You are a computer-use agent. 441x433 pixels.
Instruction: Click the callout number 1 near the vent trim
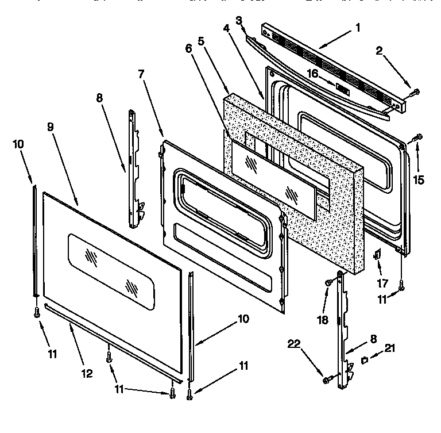[x=358, y=27]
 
